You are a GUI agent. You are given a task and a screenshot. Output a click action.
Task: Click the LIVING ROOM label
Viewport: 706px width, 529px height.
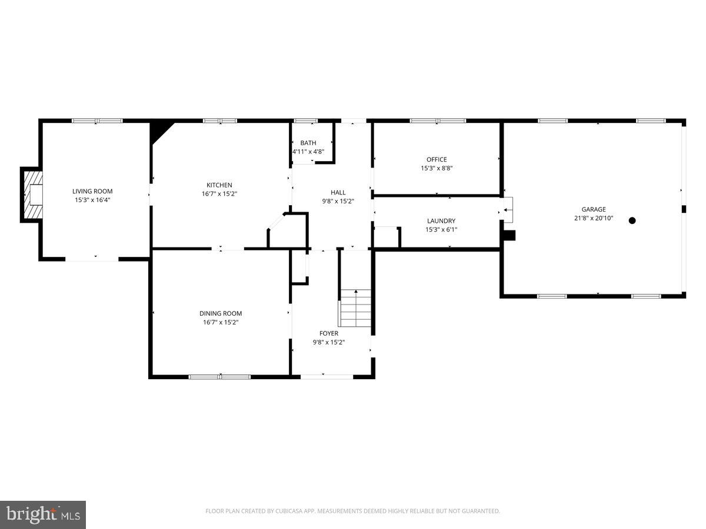92,191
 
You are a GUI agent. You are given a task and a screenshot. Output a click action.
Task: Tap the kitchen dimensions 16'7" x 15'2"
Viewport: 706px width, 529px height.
219,193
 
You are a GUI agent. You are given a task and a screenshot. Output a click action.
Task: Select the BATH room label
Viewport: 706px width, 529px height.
308,143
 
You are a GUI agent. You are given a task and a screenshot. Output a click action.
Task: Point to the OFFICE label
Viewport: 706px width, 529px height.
437,159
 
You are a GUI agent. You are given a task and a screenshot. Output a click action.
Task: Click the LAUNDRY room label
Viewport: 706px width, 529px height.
441,221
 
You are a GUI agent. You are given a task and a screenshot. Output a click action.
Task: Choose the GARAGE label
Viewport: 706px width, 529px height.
594,209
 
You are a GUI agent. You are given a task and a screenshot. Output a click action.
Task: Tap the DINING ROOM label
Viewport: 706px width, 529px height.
221,313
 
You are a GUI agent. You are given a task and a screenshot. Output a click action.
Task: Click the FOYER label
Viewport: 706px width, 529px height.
329,333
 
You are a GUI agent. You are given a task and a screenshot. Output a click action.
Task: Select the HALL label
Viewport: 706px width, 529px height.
338,192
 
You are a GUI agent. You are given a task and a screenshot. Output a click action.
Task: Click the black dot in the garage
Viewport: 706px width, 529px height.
632,220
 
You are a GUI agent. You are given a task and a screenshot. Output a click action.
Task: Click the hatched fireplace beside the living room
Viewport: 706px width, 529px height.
33,195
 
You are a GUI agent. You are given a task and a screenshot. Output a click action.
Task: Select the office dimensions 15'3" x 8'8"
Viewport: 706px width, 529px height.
437,168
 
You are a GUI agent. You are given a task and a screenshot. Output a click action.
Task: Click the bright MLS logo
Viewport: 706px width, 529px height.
43,515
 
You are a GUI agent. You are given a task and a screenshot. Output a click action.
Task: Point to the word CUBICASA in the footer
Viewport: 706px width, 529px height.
290,511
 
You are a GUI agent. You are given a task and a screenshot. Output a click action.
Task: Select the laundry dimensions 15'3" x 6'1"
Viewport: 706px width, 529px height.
441,230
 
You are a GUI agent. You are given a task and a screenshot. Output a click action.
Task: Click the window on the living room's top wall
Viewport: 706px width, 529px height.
97,120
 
